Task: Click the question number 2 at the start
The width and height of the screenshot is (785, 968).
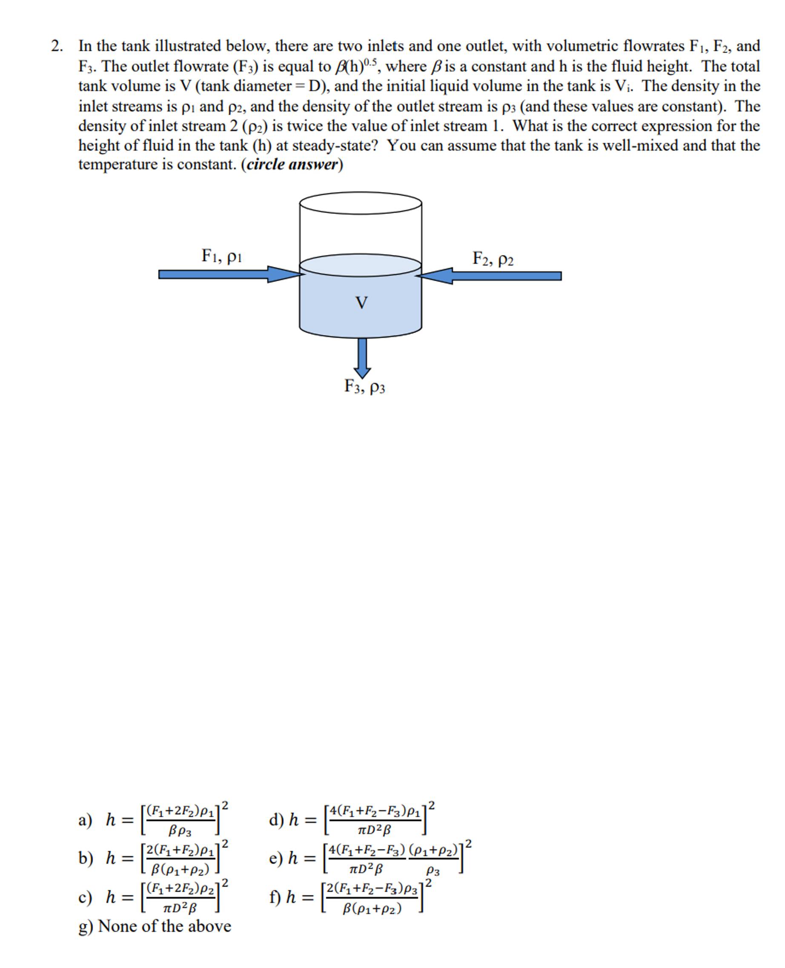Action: pos(56,46)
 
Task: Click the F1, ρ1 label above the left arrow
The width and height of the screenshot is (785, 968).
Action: pos(221,256)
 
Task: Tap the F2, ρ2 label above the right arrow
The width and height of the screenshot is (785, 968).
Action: pos(493,259)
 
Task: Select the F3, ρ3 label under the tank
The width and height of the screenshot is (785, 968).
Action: pos(364,386)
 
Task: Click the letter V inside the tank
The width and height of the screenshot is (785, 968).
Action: pos(361,303)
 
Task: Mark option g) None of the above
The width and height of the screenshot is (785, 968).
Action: pos(155,926)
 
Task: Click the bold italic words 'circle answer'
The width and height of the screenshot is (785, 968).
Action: pos(292,165)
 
